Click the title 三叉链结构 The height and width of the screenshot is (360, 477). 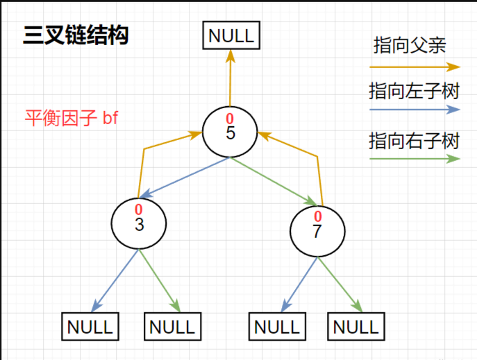coord(76,35)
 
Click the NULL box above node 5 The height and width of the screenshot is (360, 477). coord(231,35)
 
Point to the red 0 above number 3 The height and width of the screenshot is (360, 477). coord(139,209)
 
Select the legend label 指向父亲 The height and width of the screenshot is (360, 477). coord(410,46)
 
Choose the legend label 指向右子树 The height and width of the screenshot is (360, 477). coord(414,141)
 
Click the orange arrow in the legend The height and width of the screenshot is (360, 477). coord(414,67)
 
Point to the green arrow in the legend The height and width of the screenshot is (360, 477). coord(414,158)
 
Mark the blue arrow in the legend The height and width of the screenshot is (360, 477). coord(414,110)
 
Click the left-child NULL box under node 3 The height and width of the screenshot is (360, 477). coord(90,326)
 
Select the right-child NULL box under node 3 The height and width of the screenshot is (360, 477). coord(173,326)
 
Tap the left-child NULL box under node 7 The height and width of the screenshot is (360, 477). coord(277,326)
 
